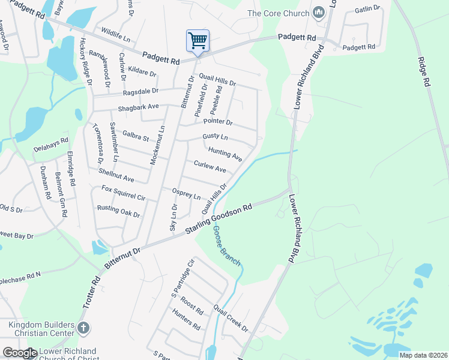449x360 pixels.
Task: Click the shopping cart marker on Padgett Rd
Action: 197,41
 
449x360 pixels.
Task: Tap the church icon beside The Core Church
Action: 319,13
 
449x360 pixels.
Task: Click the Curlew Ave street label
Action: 209,166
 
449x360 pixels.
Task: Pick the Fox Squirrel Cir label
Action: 124,193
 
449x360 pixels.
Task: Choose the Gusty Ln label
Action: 215,137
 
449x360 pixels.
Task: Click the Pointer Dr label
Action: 217,121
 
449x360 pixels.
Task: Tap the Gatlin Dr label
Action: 367,9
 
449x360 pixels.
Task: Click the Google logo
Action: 20,353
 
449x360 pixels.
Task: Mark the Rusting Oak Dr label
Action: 118,211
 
